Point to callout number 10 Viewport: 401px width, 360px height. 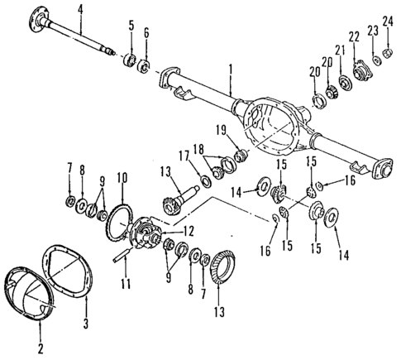tap(122, 176)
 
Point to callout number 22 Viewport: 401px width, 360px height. tap(356, 37)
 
